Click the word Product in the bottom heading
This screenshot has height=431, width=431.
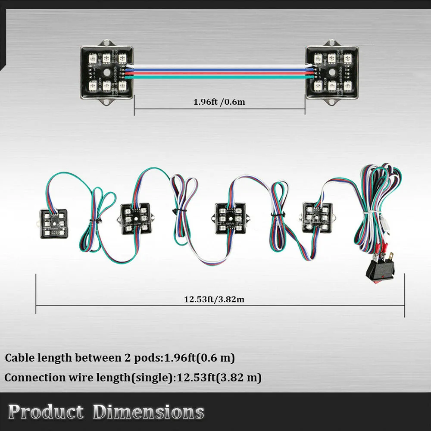click(x=46, y=412)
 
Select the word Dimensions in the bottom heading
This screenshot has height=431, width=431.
click(x=148, y=412)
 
